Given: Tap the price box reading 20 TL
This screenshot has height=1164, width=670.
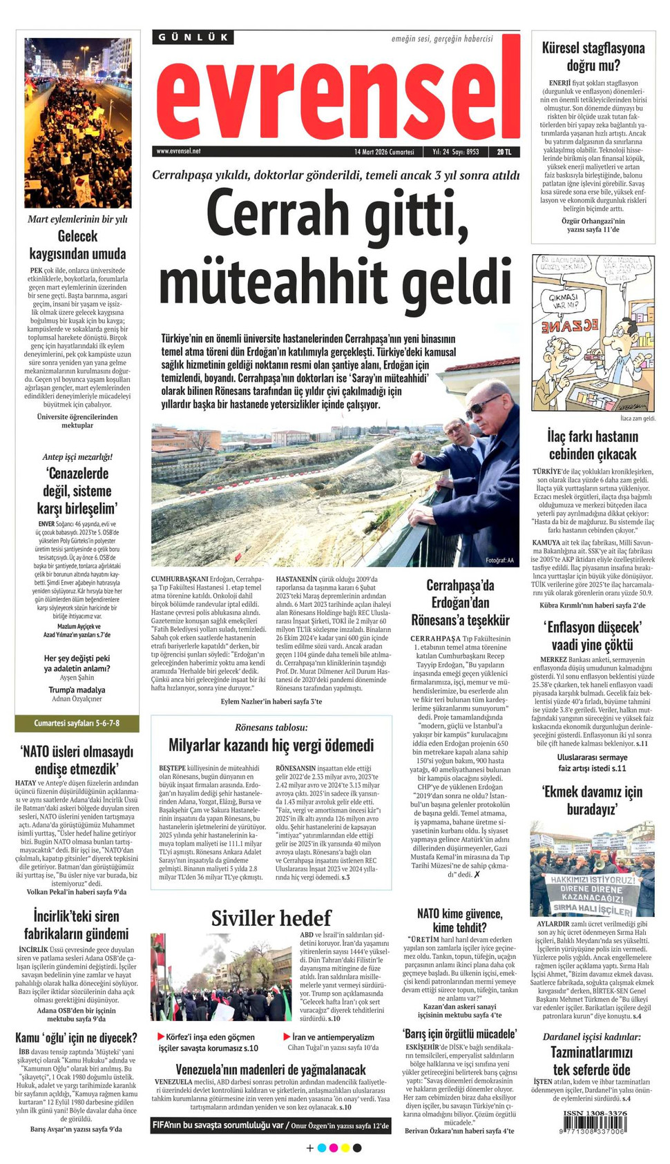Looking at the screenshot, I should click(504, 152).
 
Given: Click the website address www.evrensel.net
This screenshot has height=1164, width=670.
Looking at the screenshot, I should click(178, 151).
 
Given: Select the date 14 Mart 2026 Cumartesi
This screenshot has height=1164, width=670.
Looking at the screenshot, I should click(384, 152).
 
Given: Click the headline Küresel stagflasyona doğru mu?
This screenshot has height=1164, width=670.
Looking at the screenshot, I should click(593, 57).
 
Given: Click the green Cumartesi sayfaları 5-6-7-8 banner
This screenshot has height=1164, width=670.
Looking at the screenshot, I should click(77, 723).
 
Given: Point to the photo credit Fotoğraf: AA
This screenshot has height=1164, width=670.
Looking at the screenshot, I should click(499, 560).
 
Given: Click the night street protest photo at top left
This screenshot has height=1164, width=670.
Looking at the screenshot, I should click(77, 123).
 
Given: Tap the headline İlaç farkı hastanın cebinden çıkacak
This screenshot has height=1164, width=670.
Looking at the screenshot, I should click(593, 445).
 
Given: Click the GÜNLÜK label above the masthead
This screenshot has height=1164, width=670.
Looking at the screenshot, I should click(193, 37).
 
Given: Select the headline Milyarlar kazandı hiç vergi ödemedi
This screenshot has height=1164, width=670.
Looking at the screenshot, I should click(271, 745).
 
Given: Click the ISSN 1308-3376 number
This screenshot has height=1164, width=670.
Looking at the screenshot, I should click(595, 1113).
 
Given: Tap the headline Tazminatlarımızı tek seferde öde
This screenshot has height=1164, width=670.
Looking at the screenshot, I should click(591, 1061).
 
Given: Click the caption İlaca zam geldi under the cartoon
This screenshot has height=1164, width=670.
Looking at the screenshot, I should click(637, 418).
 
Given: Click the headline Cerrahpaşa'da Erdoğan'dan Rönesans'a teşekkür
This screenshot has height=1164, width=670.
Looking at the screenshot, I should click(460, 602).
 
